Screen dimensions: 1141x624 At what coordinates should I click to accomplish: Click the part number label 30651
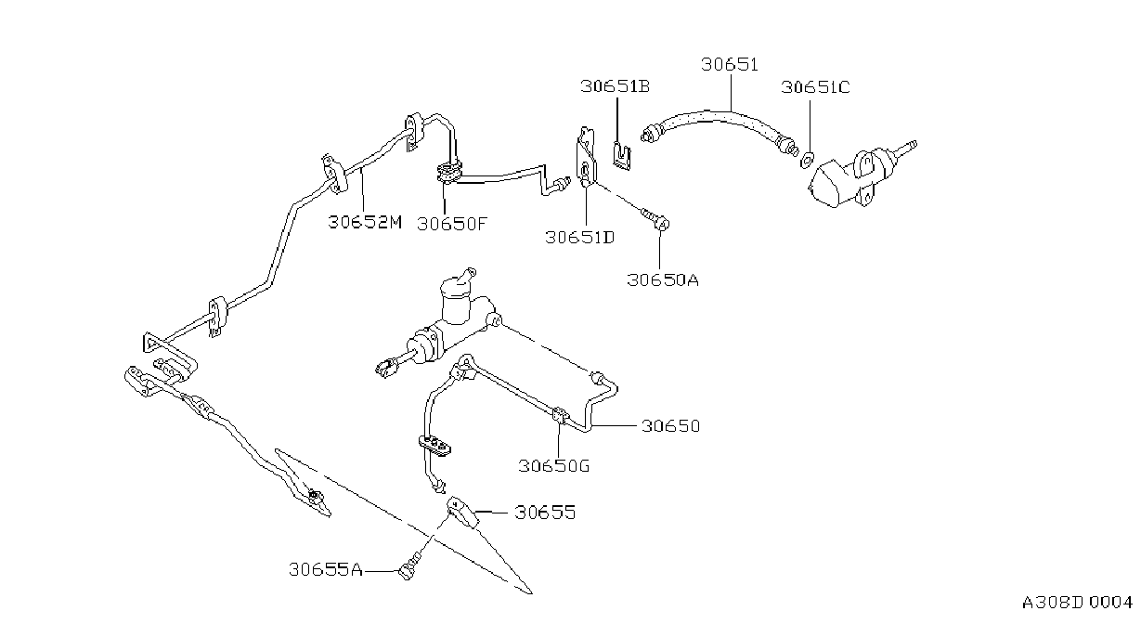tap(730, 65)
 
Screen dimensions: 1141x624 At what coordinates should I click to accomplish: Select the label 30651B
tap(616, 86)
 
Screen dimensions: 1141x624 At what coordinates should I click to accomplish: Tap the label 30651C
tap(815, 87)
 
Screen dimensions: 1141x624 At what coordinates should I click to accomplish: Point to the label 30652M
tap(365, 222)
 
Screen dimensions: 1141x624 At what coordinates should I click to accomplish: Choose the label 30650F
tap(452, 224)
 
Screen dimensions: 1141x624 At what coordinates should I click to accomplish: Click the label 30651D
tap(580, 238)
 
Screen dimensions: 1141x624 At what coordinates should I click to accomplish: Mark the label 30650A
tap(663, 279)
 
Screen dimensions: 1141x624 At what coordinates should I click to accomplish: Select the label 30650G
tap(553, 465)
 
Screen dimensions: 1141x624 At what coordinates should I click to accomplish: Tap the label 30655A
tap(326, 569)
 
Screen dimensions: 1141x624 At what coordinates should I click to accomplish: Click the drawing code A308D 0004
tap(1077, 603)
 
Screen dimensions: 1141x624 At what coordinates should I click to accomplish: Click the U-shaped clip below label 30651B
tap(622, 155)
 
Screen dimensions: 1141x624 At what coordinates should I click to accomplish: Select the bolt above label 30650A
tap(656, 218)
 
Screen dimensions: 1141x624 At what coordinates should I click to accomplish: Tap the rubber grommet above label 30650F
tap(448, 172)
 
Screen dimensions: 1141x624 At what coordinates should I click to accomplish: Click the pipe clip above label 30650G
tap(561, 416)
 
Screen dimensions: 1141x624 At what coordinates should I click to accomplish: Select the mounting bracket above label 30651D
tap(586, 158)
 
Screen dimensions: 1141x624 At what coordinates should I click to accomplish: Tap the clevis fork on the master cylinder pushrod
tap(386, 368)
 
